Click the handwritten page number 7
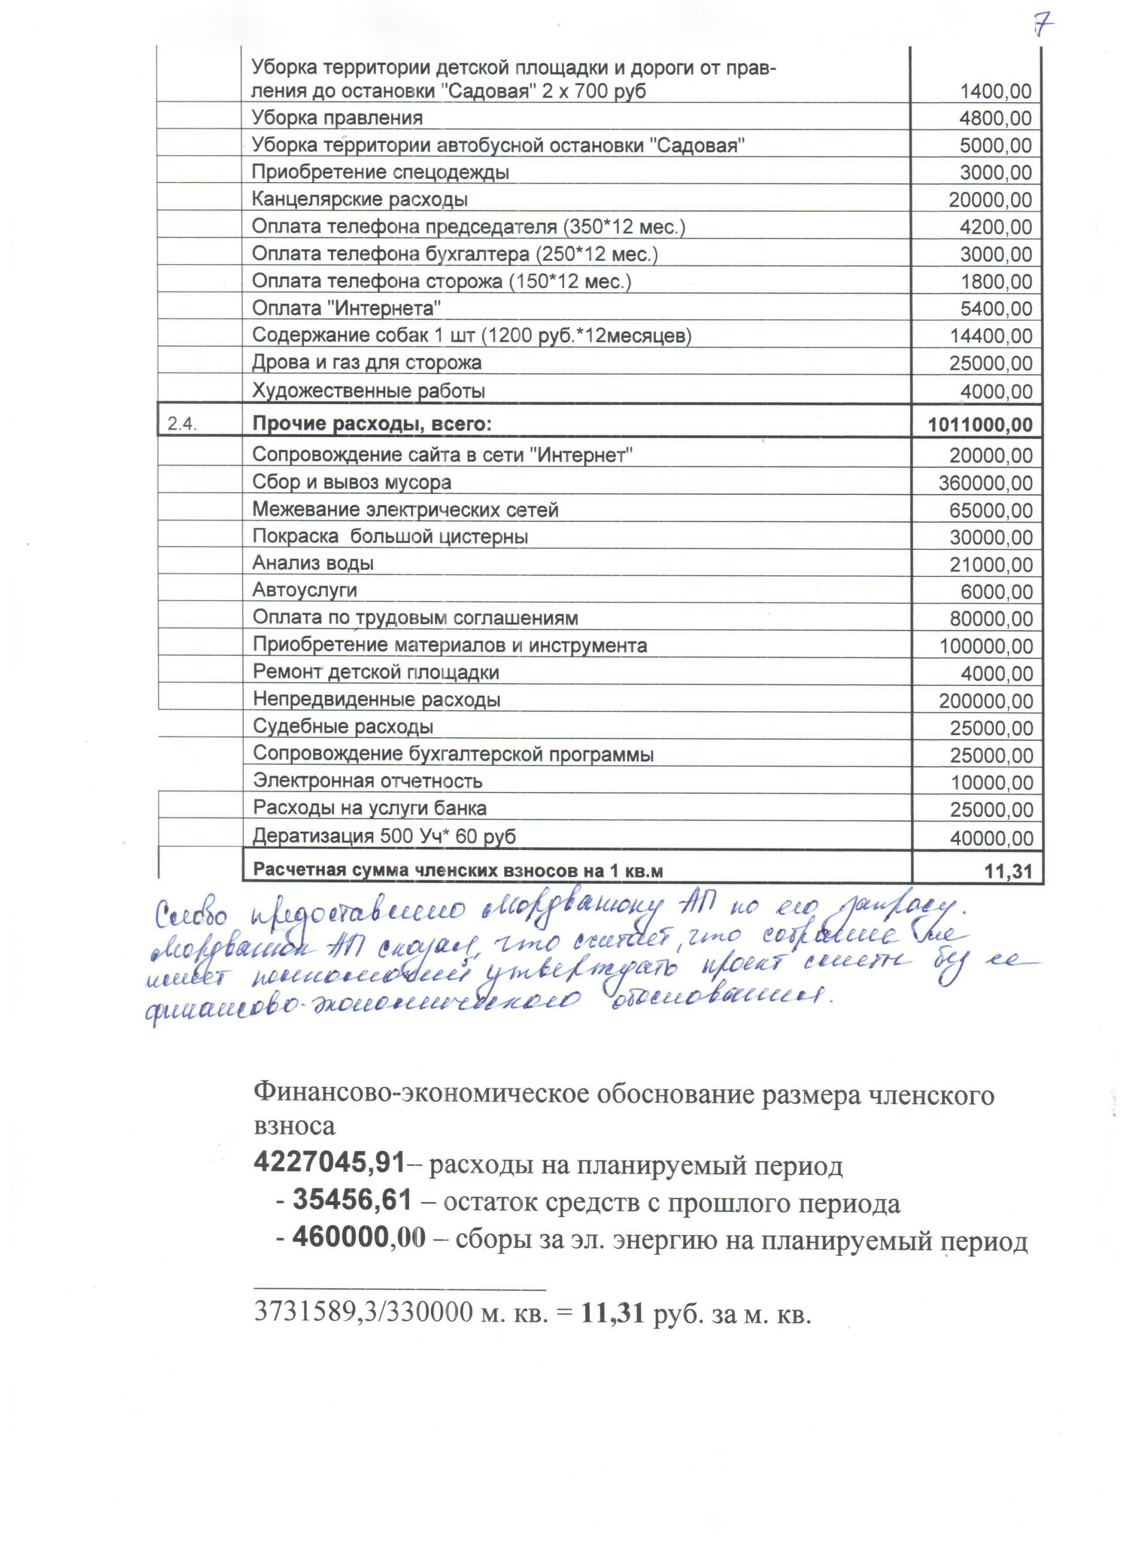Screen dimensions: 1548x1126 tap(1041, 26)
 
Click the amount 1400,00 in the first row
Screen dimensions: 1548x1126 tap(995, 91)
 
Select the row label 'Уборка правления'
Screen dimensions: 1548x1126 tap(337, 118)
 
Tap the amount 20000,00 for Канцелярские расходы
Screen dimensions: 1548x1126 tap(990, 200)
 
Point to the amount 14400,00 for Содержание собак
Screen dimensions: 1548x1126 tap(991, 336)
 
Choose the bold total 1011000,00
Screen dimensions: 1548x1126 tap(980, 425)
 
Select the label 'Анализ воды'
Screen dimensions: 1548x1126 tap(313, 563)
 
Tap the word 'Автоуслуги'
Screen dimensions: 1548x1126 tap(305, 590)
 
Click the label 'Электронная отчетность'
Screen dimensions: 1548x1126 tap(368, 781)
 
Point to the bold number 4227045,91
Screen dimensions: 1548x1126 tap(330, 1163)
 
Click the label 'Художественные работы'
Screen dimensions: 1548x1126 tap(369, 391)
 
